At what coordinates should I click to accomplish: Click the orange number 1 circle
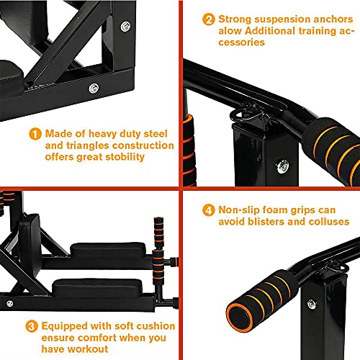tap(35, 134)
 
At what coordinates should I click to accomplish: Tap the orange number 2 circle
tap(209, 19)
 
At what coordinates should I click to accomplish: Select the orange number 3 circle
tap(32, 326)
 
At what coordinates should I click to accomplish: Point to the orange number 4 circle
tap(209, 210)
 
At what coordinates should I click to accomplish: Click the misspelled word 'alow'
tap(230, 31)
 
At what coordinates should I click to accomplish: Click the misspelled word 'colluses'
tap(329, 222)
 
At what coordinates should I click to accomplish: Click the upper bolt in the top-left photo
tap(125, 26)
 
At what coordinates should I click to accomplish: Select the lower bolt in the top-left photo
tap(94, 89)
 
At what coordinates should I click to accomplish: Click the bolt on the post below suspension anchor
tap(282, 166)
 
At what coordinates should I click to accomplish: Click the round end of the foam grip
tap(240, 318)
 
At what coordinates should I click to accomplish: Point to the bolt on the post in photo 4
tap(312, 304)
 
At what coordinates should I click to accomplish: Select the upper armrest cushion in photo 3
tap(108, 251)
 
